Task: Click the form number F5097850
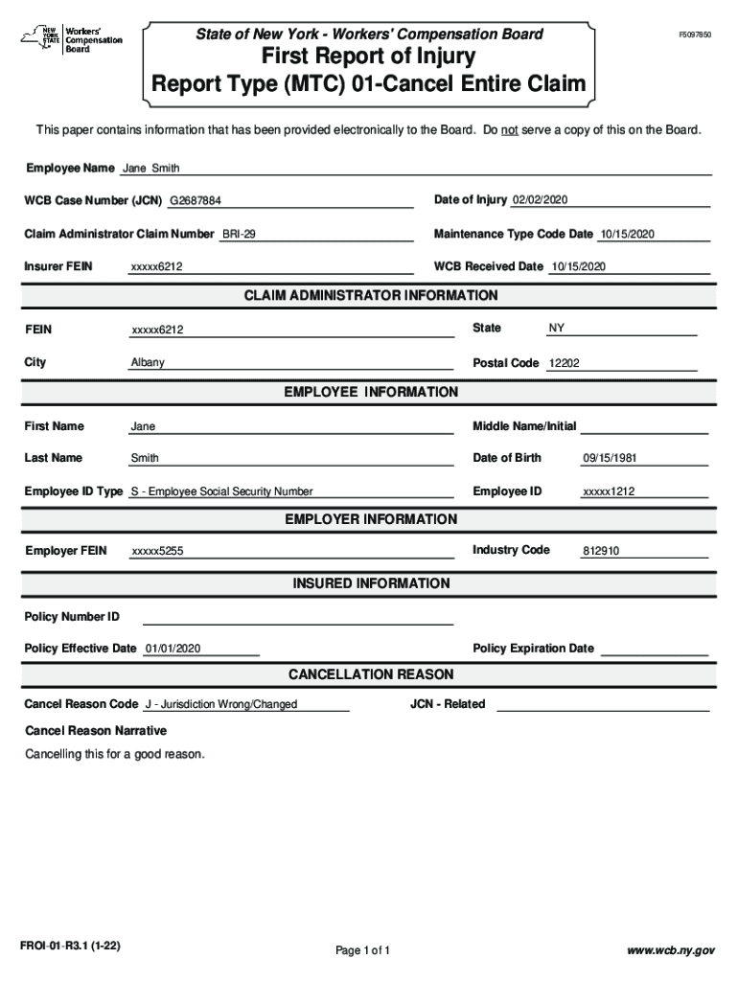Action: pos(695,34)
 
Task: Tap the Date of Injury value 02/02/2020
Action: pos(541,199)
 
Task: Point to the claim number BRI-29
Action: pos(239,235)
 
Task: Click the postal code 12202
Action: pos(564,364)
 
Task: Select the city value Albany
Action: pos(148,363)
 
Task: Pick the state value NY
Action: pos(557,329)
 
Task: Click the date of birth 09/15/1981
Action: pos(610,459)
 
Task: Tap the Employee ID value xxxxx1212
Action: pos(609,492)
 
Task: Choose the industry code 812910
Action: pos(601,552)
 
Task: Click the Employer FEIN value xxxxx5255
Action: pos(157,552)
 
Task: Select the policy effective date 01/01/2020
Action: pos(172,650)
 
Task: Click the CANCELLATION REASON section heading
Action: pos(371,674)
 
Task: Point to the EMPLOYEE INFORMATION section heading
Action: pos(371,392)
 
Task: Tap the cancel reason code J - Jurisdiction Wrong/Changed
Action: pos(220,705)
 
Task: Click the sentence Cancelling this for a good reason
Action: pos(115,755)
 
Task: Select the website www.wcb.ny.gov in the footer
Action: pos(671,951)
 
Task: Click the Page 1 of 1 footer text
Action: pos(362,951)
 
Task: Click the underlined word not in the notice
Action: pos(510,129)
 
